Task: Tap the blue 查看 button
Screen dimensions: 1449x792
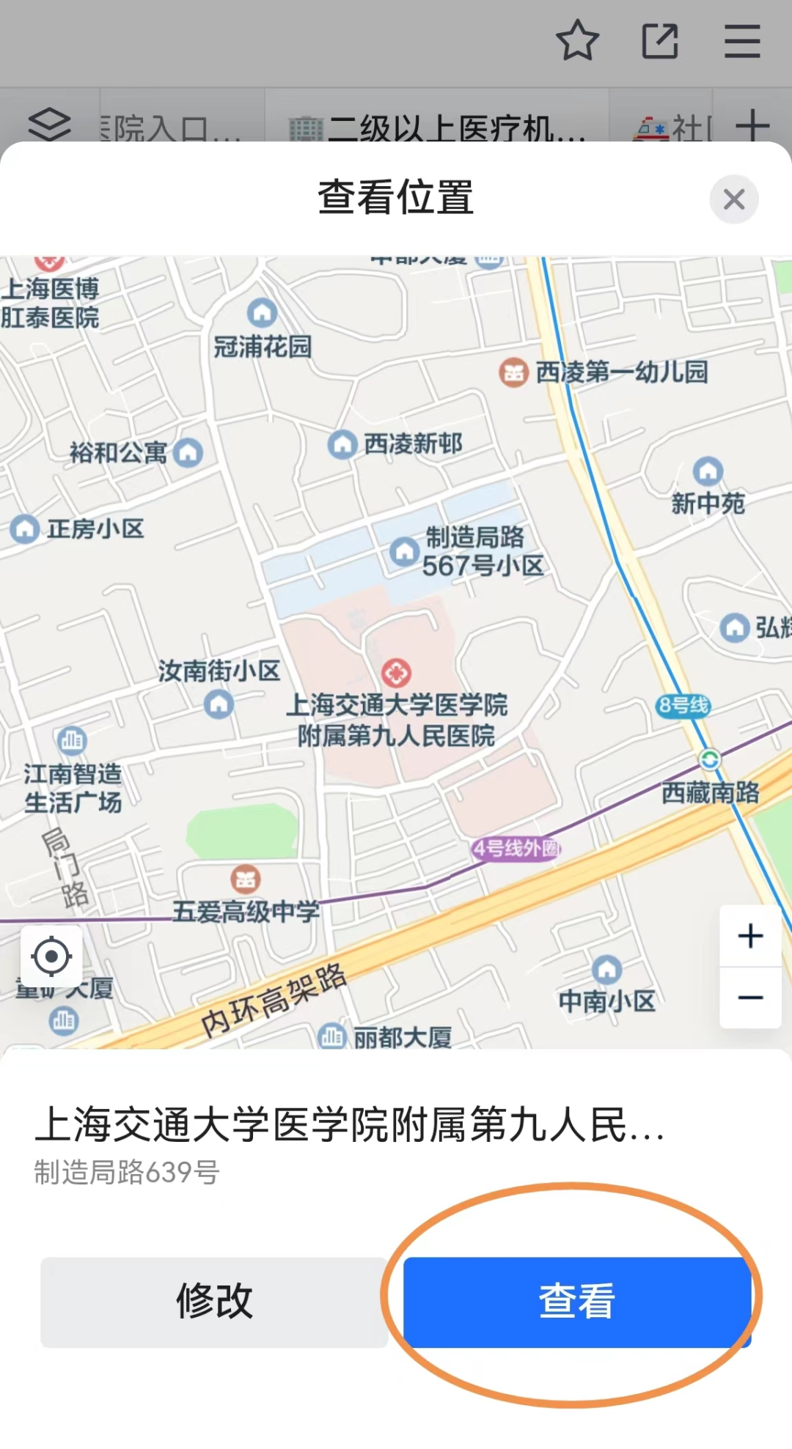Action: click(577, 1302)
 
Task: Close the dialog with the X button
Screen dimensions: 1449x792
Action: click(733, 199)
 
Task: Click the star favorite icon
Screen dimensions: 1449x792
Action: click(578, 40)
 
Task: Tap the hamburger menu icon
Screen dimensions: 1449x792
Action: click(742, 41)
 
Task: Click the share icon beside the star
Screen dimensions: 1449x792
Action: click(660, 41)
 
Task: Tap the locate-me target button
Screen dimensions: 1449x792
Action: click(51, 956)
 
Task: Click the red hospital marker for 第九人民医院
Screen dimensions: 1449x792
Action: click(396, 672)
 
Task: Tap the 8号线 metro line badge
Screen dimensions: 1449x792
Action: click(683, 706)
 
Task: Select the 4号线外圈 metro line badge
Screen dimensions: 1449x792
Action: click(516, 849)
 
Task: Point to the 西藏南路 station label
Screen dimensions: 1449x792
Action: click(710, 792)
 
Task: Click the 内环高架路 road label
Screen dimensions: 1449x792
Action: click(274, 1000)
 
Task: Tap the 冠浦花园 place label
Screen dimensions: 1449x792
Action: click(263, 347)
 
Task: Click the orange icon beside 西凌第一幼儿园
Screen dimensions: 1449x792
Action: click(514, 373)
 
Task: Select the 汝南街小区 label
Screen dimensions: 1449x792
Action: click(219, 671)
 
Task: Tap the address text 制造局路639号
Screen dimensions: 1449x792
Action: click(127, 1173)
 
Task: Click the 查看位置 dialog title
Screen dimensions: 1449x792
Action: click(396, 198)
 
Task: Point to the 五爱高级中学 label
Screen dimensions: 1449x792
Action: click(246, 912)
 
